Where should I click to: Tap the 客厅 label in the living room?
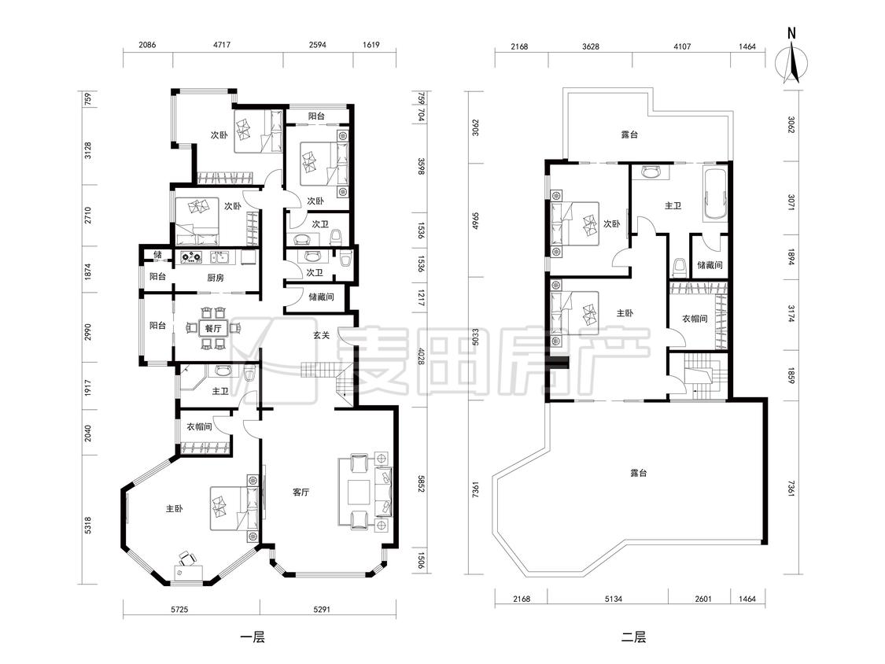(x=301, y=492)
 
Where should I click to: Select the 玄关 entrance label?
(x=321, y=335)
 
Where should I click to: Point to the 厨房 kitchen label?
(x=216, y=277)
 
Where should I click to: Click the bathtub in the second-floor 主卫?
(x=714, y=194)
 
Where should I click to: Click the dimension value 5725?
(x=179, y=609)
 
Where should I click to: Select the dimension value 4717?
(x=221, y=45)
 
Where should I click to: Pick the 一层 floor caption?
(x=253, y=638)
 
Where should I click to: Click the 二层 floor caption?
(x=633, y=638)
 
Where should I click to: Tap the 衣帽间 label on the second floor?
(x=695, y=319)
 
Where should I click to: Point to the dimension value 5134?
(x=613, y=599)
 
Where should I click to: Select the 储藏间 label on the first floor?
(x=321, y=297)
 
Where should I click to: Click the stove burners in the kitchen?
(x=191, y=257)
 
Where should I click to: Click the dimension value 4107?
(x=682, y=46)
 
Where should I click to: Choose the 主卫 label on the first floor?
(x=220, y=391)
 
